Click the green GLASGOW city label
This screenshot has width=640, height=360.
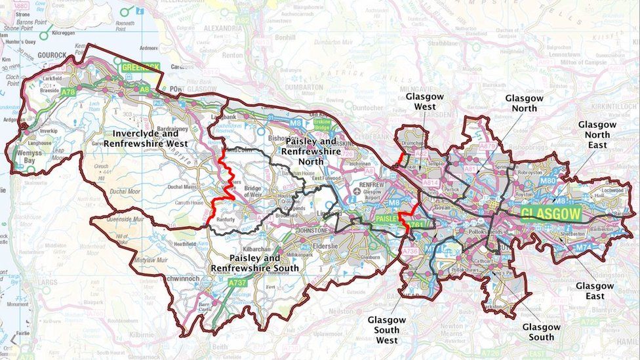[551, 214]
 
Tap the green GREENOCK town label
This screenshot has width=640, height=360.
[140, 67]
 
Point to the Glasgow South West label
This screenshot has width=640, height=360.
[386, 330]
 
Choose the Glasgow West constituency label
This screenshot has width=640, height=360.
[424, 101]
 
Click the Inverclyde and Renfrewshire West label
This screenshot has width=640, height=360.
[145, 138]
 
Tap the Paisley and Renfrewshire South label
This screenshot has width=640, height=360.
[254, 263]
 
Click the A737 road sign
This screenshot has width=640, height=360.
[237, 283]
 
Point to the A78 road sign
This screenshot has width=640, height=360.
[68, 93]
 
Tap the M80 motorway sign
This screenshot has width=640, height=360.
[548, 180]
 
